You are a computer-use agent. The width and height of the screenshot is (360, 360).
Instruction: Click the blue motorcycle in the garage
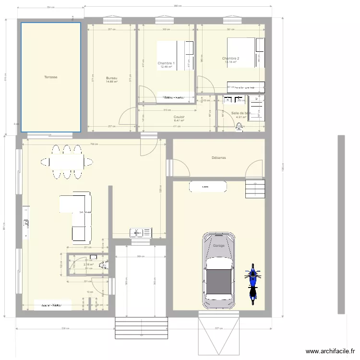(x=252, y=283)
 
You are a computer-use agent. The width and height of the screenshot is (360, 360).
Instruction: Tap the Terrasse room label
(x=51, y=77)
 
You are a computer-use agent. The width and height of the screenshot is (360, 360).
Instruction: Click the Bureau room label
(x=111, y=78)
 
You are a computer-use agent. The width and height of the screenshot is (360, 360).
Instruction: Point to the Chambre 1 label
(x=166, y=63)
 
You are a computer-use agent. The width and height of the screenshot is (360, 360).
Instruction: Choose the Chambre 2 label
(x=231, y=59)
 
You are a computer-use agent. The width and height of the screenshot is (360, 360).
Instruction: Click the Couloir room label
(x=179, y=117)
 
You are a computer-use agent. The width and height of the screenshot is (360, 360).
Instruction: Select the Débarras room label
(x=218, y=157)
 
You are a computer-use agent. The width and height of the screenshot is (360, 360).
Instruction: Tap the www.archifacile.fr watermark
(x=331, y=352)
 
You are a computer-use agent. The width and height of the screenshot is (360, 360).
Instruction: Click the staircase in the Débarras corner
(x=254, y=188)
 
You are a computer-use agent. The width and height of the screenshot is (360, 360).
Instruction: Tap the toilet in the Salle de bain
(x=239, y=127)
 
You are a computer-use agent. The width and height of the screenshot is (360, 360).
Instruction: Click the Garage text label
(x=219, y=246)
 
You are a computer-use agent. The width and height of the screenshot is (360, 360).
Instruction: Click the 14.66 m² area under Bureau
(x=111, y=82)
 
